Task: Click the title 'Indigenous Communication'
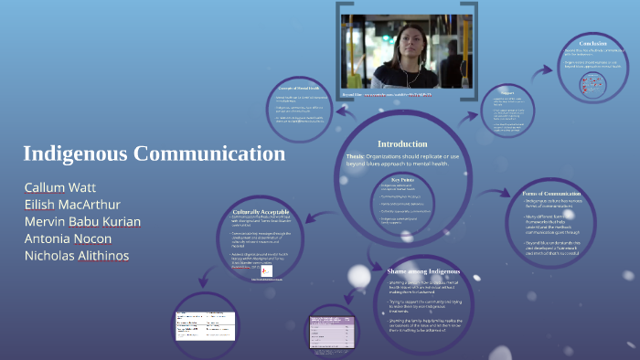(155, 154)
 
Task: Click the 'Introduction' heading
(402, 143)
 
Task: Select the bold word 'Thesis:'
(356, 156)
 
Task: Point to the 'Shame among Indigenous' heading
(420, 273)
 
